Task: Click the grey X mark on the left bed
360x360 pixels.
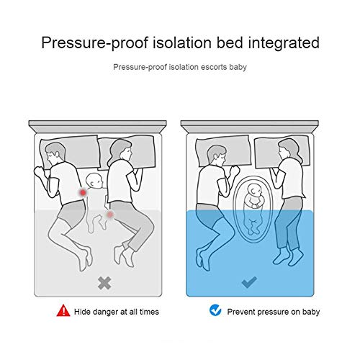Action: coord(104,283)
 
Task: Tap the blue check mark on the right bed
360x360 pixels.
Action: coord(250,282)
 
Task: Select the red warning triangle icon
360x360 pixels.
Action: coord(63,310)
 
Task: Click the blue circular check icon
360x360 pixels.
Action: coord(215,310)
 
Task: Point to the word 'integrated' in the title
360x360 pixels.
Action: coord(284,43)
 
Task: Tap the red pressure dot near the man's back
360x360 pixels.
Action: coord(83,192)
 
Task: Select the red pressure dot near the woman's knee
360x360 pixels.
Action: coord(110,215)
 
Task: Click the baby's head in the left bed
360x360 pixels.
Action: coord(94,180)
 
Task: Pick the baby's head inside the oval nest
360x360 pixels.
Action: coord(255,190)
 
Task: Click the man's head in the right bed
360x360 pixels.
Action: coord(216,155)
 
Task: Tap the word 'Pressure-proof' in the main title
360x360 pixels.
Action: coord(95,43)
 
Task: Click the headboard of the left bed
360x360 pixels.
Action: coord(97,127)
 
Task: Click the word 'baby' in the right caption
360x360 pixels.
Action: coord(311,312)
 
